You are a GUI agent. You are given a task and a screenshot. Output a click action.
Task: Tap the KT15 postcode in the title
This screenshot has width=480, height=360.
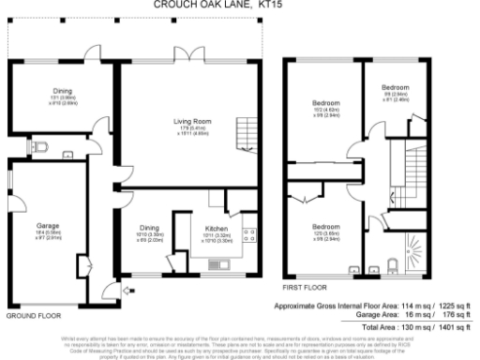pos(268,5)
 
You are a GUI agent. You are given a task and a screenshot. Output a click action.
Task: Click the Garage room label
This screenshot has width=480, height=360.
pos(48,226)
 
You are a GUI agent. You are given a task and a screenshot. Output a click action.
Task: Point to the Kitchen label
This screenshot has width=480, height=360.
pos(217,226)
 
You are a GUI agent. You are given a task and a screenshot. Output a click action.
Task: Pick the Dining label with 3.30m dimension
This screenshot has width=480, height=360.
pos(148,226)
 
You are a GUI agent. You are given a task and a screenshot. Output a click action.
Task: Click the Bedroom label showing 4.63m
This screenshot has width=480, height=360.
pos(324,103)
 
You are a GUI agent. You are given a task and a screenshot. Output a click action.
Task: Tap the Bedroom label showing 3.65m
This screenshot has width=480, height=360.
pos(324,226)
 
